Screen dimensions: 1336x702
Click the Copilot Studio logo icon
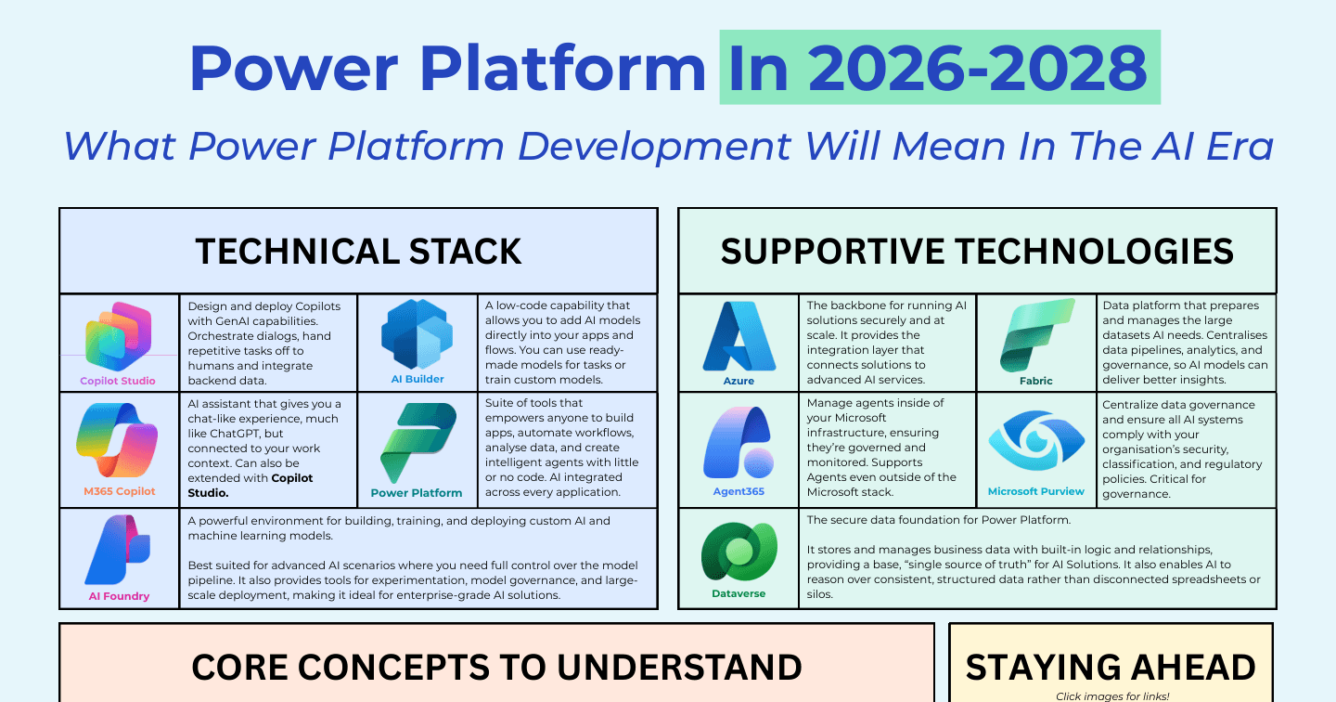coord(118,337)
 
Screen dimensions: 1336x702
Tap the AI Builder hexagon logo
coord(417,334)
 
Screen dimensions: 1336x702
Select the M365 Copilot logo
coord(117,440)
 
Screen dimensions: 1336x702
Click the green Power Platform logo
coord(418,442)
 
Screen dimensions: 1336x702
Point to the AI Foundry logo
coord(118,550)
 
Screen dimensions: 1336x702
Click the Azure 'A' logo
coord(739,337)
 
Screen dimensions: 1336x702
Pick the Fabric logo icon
coord(1037,335)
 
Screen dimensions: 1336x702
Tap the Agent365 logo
coord(739,442)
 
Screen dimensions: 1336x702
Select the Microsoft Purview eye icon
coord(1036,440)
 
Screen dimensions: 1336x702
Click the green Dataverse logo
coord(739,552)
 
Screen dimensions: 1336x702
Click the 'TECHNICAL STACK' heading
coord(358,252)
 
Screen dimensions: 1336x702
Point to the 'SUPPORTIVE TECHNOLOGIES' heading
coord(977,252)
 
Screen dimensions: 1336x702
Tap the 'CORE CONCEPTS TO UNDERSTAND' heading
coord(497,667)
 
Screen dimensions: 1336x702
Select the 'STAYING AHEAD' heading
coord(1111,667)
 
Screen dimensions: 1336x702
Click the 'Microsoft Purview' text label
coord(1036,491)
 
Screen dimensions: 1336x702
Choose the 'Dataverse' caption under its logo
coord(739,593)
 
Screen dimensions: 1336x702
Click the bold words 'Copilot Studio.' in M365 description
coord(250,486)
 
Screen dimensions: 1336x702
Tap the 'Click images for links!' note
coord(1112,696)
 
